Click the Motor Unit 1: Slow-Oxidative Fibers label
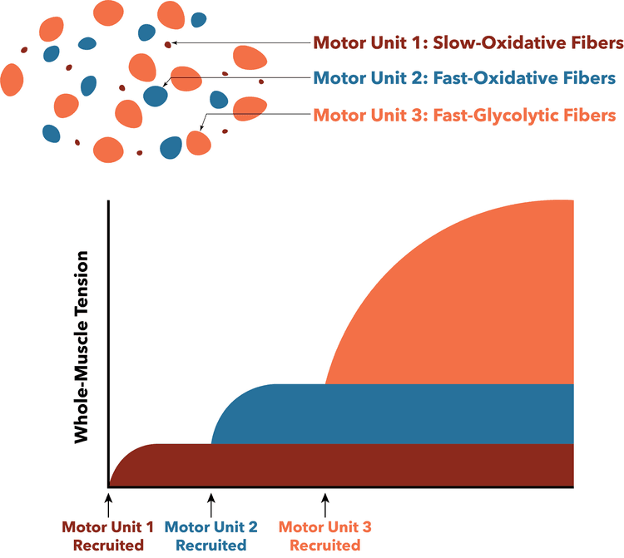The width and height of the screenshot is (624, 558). tap(468, 42)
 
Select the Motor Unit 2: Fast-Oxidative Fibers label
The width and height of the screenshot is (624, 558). tap(464, 78)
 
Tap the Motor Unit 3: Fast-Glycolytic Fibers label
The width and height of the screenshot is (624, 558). tap(464, 116)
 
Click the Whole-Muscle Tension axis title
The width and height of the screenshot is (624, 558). tap(82, 347)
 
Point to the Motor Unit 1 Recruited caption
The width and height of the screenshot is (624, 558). tap(108, 536)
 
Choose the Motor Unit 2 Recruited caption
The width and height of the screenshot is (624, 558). tap(211, 536)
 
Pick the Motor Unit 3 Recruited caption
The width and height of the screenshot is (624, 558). tap(325, 536)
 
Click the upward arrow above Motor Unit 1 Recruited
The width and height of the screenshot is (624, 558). tap(108, 506)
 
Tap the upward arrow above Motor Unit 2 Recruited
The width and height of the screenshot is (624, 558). tap(211, 506)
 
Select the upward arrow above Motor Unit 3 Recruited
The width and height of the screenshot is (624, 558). tap(325, 506)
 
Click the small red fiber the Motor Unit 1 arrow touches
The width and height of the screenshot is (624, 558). tap(168, 45)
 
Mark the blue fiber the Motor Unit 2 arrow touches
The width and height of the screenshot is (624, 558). tap(156, 96)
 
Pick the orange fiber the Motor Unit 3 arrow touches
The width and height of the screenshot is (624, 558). tap(199, 143)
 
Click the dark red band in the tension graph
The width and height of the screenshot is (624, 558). tap(342, 466)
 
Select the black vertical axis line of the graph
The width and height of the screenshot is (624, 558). tap(108, 344)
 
